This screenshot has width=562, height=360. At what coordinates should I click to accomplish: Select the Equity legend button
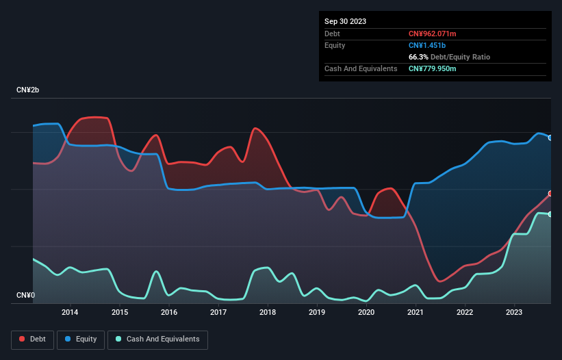(81, 339)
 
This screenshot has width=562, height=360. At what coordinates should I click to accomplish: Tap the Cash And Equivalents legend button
(157, 339)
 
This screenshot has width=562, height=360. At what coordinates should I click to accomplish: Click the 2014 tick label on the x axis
(70, 313)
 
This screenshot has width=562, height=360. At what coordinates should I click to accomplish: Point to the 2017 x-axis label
(218, 313)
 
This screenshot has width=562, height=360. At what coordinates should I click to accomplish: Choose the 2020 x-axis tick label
(366, 313)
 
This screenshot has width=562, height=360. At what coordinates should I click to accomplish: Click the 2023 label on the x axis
(514, 313)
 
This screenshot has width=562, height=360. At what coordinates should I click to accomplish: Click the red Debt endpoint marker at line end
(550, 194)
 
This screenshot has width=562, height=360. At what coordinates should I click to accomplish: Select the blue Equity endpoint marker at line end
(550, 138)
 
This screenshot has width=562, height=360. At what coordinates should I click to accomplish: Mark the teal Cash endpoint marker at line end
(550, 214)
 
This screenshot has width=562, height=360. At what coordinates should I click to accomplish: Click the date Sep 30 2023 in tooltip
(345, 21)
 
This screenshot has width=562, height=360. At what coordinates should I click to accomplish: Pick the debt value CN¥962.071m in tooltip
(432, 34)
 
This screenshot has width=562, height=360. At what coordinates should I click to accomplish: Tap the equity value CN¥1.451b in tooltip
(426, 45)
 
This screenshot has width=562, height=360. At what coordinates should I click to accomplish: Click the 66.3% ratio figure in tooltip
(420, 57)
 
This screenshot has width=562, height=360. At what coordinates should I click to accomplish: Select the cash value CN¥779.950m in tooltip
(432, 68)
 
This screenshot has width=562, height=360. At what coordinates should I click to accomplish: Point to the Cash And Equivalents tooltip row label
(361, 68)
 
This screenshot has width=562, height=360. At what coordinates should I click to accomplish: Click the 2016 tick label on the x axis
(169, 313)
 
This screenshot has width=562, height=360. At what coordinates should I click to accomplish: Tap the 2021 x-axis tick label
(416, 313)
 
